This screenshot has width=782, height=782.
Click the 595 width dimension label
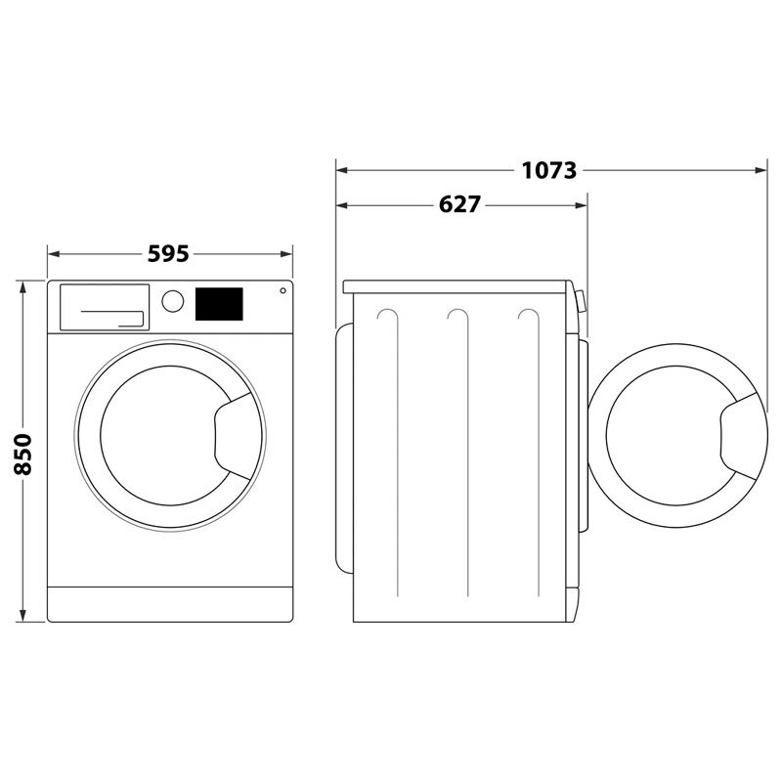(x=168, y=254)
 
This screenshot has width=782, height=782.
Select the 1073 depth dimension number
(x=548, y=170)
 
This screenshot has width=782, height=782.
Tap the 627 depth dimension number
(x=459, y=204)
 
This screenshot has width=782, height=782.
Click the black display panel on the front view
(x=219, y=303)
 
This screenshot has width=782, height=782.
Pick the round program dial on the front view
(x=173, y=301)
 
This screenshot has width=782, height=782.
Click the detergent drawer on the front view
(x=105, y=307)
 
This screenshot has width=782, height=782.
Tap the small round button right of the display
(x=282, y=290)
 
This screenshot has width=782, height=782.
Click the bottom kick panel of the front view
(x=170, y=603)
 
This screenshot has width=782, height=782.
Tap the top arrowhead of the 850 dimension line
(x=24, y=284)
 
